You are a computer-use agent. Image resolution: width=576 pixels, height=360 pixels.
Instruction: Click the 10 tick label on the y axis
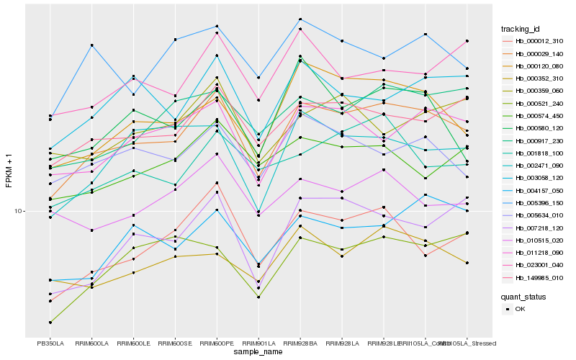pos(18,211)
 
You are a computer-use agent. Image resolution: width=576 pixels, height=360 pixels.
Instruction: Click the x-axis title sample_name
pos(258,352)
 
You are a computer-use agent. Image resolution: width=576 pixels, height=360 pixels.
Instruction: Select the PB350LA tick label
pos(50,343)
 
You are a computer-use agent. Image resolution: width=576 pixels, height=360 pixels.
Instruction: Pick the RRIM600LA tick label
pos(91,343)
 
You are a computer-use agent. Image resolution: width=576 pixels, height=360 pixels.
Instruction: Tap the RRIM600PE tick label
pos(217,343)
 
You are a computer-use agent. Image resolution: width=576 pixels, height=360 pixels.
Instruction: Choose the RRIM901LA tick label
pos(258,343)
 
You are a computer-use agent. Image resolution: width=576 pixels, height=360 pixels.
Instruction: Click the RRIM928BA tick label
pos(300,343)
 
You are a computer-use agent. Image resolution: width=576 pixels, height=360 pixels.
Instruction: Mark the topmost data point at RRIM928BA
pos(300,19)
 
